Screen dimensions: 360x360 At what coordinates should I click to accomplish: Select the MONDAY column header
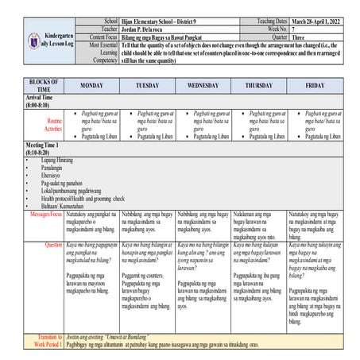[x=91, y=85]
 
